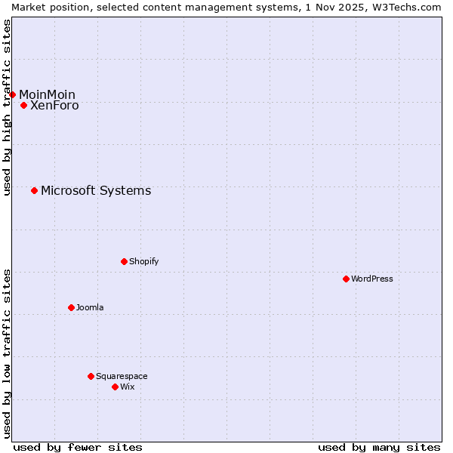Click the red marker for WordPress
click(x=346, y=279)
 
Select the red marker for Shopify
click(x=124, y=261)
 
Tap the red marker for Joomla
click(x=71, y=307)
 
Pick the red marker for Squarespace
click(x=91, y=376)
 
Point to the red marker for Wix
click(x=115, y=387)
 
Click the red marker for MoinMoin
click(x=13, y=94)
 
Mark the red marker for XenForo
click(x=23, y=105)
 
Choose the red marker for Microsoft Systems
click(x=34, y=190)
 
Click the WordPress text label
click(x=372, y=279)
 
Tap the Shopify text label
click(x=143, y=261)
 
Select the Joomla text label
click(x=90, y=307)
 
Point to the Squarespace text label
click(x=122, y=376)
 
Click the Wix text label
click(x=127, y=387)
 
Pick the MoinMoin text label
click(x=47, y=94)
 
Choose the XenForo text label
click(x=54, y=106)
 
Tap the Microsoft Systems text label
click(x=96, y=190)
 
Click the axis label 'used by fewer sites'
click(x=78, y=447)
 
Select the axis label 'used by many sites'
click(x=379, y=447)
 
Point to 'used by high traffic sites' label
click(x=7, y=107)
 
